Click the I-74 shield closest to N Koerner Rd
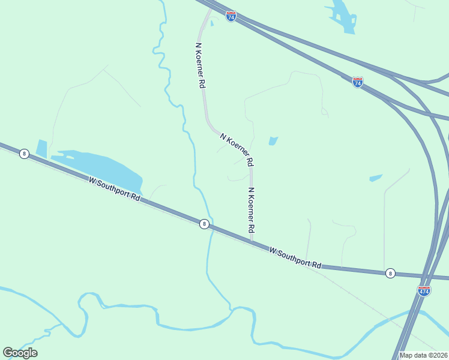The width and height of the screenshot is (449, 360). [x=231, y=16]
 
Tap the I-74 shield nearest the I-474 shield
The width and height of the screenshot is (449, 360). [x=358, y=83]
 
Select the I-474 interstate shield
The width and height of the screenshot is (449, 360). [x=424, y=291]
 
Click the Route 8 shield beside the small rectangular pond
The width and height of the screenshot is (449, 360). [x=24, y=154]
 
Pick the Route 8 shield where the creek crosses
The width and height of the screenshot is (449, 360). [x=204, y=224]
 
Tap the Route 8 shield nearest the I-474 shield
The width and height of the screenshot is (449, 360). [x=390, y=273]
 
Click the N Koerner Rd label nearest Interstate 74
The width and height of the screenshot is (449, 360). [x=200, y=66]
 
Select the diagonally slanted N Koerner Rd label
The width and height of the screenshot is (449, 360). [x=237, y=149]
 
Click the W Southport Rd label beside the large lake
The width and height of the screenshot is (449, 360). [x=114, y=188]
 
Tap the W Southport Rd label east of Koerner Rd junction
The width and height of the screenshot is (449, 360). [x=295, y=257]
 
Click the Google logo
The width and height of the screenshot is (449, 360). [x=20, y=353]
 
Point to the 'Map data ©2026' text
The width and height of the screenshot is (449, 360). [x=423, y=355]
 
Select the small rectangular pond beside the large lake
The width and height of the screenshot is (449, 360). [x=41, y=148]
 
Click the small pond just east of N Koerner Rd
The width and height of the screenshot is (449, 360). [x=273, y=141]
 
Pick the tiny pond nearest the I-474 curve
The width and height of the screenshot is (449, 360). [x=376, y=178]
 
